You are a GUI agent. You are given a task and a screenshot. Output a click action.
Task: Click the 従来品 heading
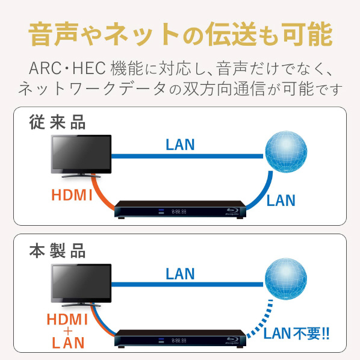pos(57,122)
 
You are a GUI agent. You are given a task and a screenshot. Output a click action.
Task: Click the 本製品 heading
pos(57,250)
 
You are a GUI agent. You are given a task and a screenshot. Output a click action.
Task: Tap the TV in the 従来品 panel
pos(81,156)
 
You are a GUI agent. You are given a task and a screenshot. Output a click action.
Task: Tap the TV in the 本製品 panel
pos(81,285)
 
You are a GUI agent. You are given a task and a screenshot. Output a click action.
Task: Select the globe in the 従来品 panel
pos(286,152)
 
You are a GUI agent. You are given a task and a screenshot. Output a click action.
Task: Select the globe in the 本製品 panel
pos(286,279)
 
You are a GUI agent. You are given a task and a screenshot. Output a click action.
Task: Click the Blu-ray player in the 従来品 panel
pos(180,209)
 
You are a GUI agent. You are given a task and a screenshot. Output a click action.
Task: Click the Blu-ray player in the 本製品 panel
pos(180,338)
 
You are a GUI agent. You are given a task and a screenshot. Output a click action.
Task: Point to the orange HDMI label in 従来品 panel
pos(72,195)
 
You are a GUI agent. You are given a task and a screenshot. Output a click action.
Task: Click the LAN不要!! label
pos(296,334)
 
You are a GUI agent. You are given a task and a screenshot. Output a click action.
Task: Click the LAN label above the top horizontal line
pos(180,144)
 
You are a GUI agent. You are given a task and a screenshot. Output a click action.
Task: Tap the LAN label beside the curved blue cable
pos(281,200)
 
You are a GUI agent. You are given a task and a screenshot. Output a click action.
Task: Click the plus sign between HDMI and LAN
pos(68,331)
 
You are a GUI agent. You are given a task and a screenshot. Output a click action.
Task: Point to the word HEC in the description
pos(89,68)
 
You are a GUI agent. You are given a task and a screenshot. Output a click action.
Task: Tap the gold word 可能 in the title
pos(307,34)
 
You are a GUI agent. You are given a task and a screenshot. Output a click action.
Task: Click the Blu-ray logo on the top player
pos(232,212)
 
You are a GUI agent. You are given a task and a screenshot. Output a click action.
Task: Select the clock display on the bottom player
pos(179,341)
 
